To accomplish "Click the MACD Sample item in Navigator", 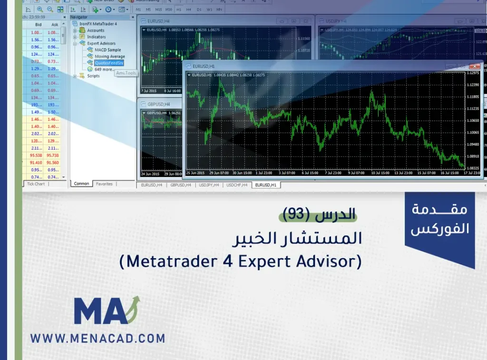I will point(107,50).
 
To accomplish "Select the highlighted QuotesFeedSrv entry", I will point(109,63).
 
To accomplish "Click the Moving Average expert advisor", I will point(109,57).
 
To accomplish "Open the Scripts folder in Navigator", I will point(93,76).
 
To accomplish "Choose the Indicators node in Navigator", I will point(96,37).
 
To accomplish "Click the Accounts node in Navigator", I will point(96,30).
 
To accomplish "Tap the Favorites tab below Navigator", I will point(104,184).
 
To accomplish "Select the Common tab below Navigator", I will point(81,184).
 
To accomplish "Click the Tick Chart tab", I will point(36,184).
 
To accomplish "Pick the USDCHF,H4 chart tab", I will point(237,185).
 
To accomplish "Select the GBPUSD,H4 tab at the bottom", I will point(180,185).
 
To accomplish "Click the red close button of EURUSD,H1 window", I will point(474,66).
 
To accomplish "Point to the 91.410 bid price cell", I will point(36,163).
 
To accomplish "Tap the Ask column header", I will point(55,25).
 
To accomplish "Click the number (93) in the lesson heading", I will point(296,215).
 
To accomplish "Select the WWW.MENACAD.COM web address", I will point(98,339).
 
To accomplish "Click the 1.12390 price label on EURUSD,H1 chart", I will point(473,85).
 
